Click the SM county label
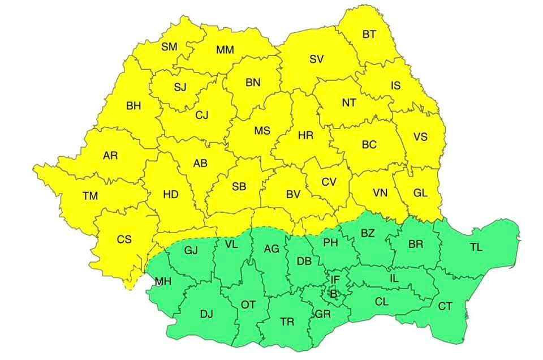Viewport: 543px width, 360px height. coord(169,47)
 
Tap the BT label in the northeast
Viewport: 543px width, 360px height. coord(369,35)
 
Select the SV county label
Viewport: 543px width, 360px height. coord(316,59)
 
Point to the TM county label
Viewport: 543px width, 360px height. coord(90,196)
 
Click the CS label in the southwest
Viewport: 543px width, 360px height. coord(124,239)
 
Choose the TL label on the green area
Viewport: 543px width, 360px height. coord(476,247)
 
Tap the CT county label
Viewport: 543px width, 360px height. coord(445,306)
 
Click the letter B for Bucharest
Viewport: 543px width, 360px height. coord(333,294)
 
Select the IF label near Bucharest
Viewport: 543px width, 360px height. coord(335,279)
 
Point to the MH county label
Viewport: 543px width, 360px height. coord(165,281)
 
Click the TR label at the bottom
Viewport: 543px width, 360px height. coord(287,322)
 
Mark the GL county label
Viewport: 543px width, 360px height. coord(420,192)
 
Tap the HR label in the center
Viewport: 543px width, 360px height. coord(305,135)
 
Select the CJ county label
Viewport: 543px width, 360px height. coord(202,115)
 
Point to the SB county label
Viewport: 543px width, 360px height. coord(239,186)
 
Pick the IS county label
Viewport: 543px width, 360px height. coord(395,86)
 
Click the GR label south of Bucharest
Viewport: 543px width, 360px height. coord(323,314)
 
